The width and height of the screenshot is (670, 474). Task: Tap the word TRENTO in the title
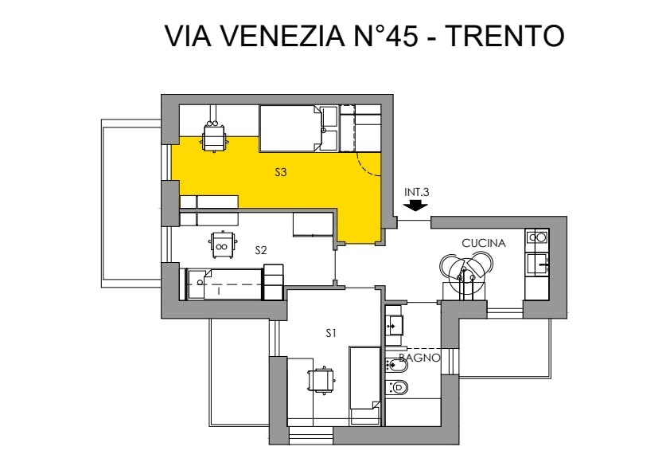click(x=505, y=36)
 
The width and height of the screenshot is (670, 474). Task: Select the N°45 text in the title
click(x=386, y=36)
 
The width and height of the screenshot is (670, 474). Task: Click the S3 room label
click(x=280, y=172)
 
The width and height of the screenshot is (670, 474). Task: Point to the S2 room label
click(x=261, y=250)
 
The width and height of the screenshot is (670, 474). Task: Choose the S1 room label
click(x=331, y=333)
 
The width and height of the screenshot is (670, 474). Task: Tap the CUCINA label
click(x=484, y=243)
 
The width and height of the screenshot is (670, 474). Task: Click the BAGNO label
click(x=419, y=358)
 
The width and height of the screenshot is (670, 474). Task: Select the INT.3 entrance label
click(x=417, y=193)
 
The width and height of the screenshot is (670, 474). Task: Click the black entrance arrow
click(x=415, y=206)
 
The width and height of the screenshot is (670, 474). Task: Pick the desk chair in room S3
click(x=214, y=136)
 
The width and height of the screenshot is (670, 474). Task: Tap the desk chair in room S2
click(x=222, y=245)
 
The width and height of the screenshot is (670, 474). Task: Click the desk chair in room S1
click(x=321, y=380)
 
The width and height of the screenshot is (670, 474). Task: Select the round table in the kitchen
click(x=465, y=268)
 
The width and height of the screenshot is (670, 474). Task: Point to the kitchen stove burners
click(x=537, y=237)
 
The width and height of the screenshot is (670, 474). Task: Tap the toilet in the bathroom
click(x=396, y=388)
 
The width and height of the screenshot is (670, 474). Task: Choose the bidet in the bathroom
click(x=396, y=365)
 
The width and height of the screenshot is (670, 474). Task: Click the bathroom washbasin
click(x=394, y=325)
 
